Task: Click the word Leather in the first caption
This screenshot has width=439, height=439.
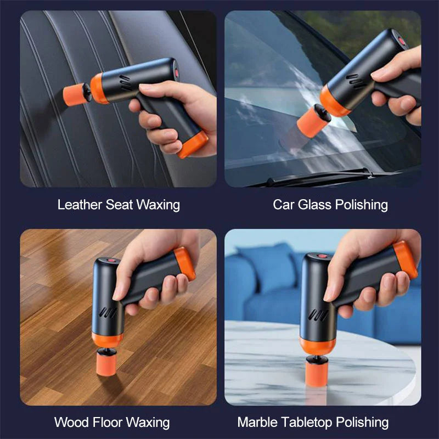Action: (x=80, y=205)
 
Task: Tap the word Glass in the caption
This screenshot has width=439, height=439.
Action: (x=313, y=205)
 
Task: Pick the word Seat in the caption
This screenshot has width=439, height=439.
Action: (x=119, y=205)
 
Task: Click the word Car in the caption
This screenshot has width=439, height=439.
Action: (x=284, y=205)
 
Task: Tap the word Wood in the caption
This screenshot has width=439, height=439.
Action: (x=71, y=422)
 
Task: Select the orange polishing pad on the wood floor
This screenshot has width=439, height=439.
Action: (x=108, y=363)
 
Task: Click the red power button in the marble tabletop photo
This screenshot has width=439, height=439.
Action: (x=322, y=255)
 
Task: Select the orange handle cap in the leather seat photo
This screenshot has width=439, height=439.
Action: (x=194, y=144)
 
